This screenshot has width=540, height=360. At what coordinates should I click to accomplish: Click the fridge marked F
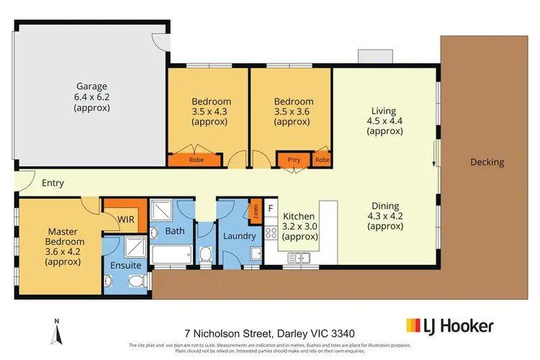(270, 208)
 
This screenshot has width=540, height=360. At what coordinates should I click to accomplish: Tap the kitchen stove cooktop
(271, 233)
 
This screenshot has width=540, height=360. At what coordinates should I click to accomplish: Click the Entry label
(53, 183)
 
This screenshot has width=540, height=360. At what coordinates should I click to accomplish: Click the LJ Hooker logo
(450, 326)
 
